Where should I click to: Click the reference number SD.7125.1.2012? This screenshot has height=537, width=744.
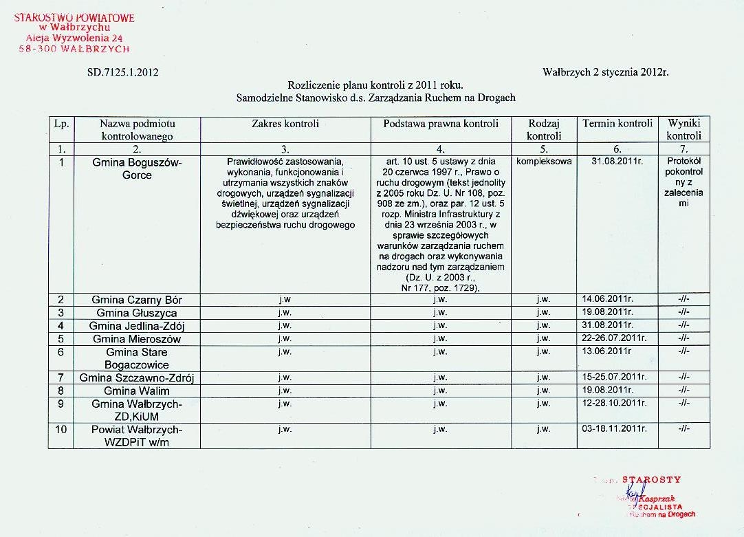[x=123, y=72]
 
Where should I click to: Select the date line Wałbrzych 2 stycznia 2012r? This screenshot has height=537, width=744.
[x=605, y=72]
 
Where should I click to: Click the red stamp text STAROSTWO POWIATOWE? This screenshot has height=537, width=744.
[x=74, y=18]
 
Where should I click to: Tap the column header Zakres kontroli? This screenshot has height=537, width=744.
[x=285, y=124]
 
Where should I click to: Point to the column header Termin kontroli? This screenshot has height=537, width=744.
[x=617, y=124]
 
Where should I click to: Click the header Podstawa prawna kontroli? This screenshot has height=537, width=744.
[x=441, y=124]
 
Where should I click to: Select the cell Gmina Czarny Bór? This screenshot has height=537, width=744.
[x=137, y=300]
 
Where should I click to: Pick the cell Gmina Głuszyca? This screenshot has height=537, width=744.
[x=137, y=313]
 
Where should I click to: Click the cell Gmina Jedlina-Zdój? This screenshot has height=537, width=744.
[x=137, y=325]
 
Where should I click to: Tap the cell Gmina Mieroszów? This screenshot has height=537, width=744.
[x=137, y=338]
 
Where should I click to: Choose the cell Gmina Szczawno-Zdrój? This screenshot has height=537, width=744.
[x=137, y=377]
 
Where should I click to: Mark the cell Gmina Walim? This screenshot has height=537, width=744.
[x=137, y=391]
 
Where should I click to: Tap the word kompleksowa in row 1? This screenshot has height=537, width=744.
[x=543, y=162]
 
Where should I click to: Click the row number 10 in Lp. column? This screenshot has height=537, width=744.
[x=61, y=429]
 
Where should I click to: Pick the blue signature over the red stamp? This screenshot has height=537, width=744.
[x=634, y=490]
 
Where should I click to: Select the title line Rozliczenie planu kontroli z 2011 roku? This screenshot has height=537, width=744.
[x=375, y=85]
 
